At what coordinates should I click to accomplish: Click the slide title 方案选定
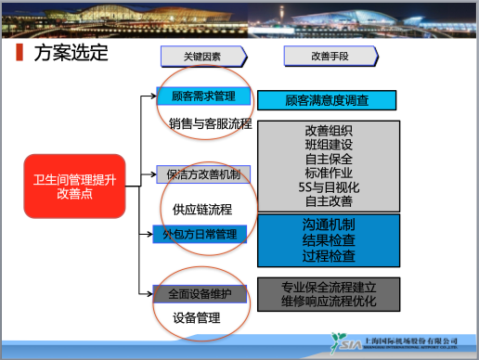coord(71,53)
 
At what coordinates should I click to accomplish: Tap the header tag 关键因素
coord(202,57)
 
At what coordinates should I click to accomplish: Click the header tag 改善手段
coord(330,57)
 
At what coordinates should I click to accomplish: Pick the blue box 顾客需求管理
coord(202,96)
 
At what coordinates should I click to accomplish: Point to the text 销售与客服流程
coord(210,122)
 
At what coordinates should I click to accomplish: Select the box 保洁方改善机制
coord(202,174)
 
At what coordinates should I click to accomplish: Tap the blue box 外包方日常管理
coord(201,234)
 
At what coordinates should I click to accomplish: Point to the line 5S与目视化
coord(328,186)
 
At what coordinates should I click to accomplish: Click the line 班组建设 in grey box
coord(328,145)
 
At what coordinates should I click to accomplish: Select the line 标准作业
coord(328,173)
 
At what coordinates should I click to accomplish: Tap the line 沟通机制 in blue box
coord(328,225)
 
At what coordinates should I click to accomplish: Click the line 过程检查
coord(328,254)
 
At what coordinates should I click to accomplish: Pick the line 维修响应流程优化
coord(328,301)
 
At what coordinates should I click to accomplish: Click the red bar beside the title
coord(21,53)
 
